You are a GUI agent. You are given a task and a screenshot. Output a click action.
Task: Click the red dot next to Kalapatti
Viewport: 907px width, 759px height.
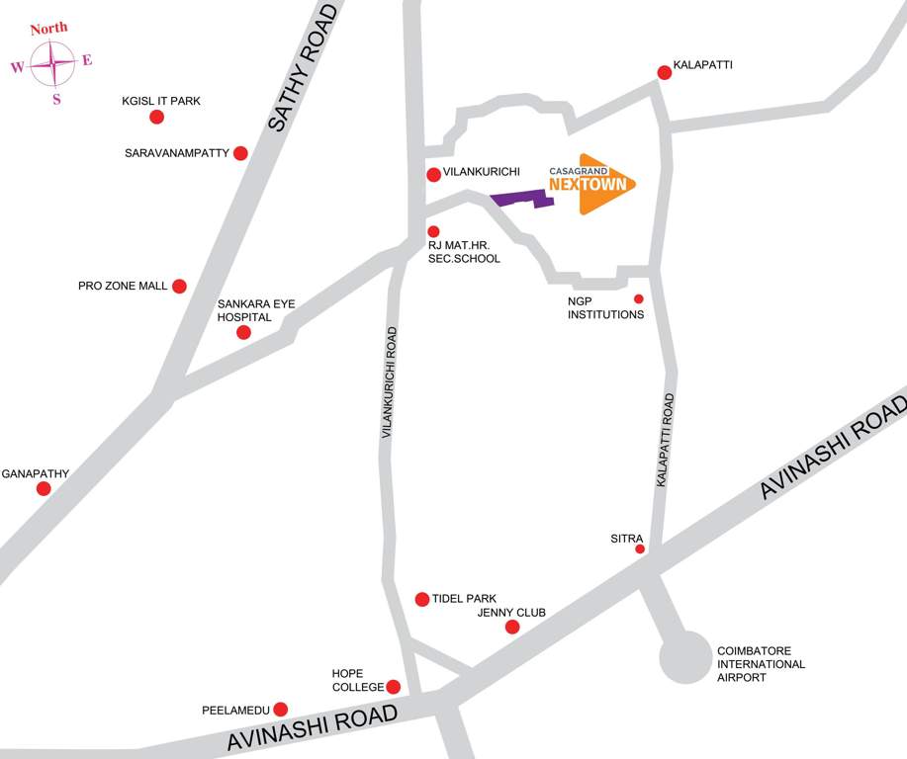665,72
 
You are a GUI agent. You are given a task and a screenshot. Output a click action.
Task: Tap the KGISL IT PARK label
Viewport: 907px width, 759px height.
161,101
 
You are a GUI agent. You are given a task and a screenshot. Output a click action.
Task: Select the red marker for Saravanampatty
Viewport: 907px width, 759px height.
240,153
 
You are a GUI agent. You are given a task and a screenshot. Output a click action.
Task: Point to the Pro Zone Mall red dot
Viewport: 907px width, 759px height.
179,287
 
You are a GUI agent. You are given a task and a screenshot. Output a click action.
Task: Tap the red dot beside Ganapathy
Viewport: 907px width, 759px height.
44,488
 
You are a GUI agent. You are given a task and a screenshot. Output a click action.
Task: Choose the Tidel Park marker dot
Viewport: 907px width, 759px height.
422,599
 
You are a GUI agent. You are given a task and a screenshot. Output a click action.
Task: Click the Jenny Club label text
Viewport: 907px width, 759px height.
511,613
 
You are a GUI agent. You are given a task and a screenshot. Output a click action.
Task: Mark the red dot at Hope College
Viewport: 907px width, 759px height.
393,687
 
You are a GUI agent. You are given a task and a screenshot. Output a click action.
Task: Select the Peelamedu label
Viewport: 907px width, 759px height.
235,710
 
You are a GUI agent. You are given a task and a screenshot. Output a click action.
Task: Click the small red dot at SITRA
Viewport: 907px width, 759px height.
640,548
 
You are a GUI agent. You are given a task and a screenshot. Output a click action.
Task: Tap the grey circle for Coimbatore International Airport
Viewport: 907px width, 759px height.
685,657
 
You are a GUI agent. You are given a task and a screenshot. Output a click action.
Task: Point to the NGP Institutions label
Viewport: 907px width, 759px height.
605,308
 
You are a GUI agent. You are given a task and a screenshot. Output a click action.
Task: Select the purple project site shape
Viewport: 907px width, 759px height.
519,199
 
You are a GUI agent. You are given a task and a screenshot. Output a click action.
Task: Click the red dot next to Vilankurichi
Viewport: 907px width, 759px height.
433,175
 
